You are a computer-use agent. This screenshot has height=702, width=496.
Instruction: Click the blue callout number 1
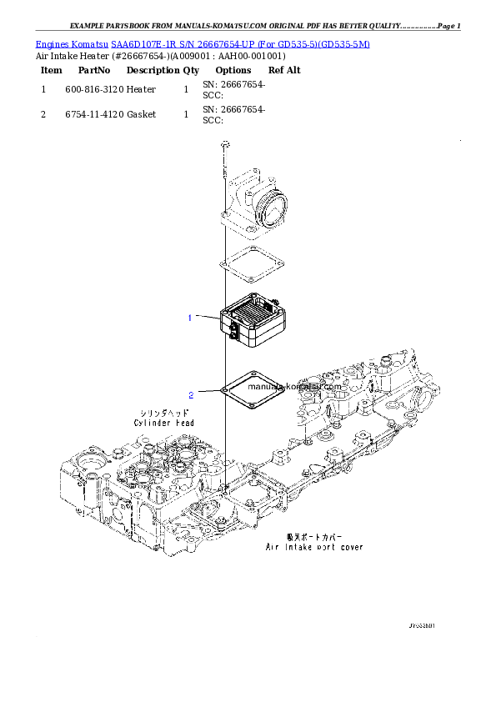tap(190, 318)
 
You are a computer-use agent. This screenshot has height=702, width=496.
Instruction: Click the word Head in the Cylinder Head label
tap(185, 424)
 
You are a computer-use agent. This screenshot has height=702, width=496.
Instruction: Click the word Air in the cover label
tap(272, 548)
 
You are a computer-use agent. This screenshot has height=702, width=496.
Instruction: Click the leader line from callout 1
tap(208, 316)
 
